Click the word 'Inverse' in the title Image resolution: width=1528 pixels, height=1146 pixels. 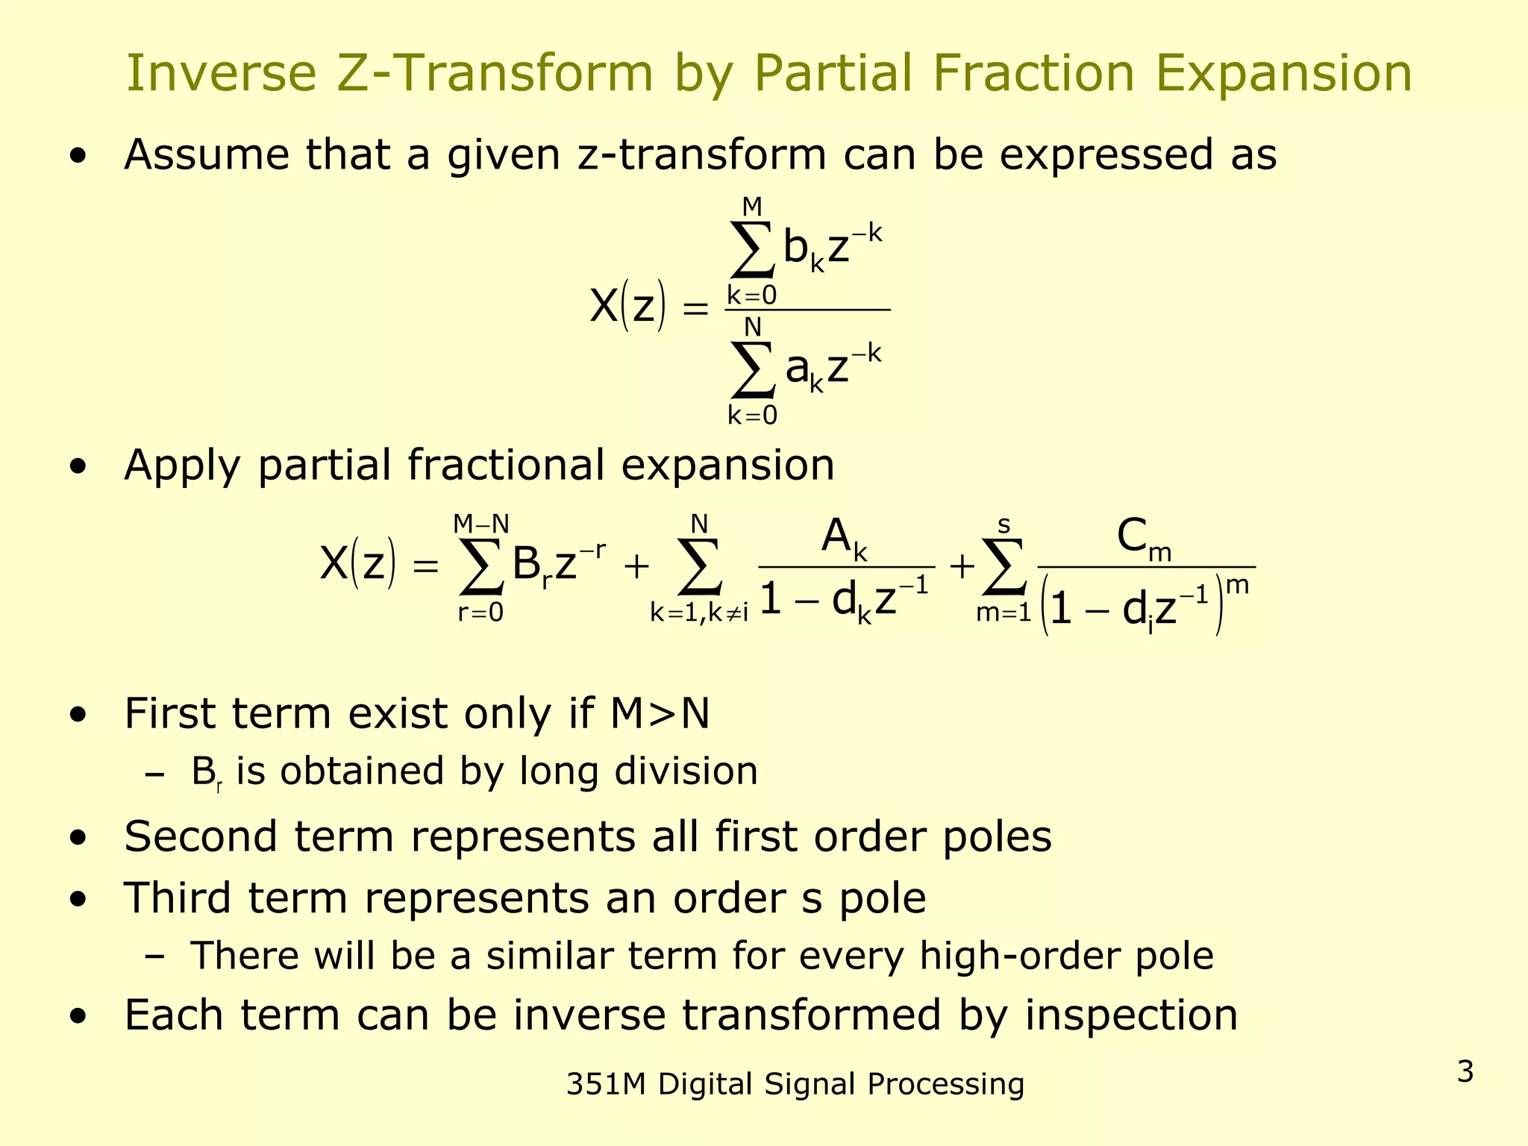[222, 74]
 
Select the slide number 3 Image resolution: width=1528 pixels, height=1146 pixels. [1465, 1072]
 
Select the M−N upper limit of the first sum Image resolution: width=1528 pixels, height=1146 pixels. [481, 525]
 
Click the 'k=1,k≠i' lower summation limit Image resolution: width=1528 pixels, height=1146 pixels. [699, 613]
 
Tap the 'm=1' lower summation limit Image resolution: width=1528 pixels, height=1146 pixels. [1003, 613]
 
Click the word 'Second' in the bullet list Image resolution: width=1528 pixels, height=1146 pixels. [201, 836]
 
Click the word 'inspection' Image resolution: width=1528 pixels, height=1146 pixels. [1131, 1015]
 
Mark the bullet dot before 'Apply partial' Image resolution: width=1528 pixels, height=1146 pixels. [78, 467]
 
